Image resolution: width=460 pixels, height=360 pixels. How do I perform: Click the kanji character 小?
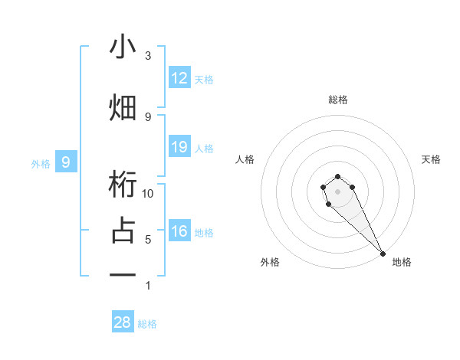123,47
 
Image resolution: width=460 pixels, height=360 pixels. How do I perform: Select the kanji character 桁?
123,186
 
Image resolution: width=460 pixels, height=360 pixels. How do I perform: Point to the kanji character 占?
123,231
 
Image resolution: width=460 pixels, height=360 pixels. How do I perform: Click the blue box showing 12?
179,78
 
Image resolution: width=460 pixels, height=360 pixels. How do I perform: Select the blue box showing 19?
179,147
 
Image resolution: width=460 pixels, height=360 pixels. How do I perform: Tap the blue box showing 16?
179,231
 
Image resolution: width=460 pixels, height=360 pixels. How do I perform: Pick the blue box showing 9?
66,162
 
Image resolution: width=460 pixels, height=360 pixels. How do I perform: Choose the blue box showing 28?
123,322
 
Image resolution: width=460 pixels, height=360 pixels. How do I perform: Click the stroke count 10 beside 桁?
148,193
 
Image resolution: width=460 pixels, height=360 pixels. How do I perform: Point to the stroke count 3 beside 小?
148,56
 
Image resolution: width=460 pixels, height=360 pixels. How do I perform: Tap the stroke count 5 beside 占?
148,239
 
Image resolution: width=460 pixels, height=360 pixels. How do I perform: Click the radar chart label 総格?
338,100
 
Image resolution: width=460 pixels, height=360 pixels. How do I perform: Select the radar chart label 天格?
432,159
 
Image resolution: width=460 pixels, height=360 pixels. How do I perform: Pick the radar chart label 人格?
245,159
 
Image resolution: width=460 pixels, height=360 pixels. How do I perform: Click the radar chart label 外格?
269,262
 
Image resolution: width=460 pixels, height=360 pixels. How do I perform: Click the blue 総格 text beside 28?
147,324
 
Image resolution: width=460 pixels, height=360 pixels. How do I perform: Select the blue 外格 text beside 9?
41,163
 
